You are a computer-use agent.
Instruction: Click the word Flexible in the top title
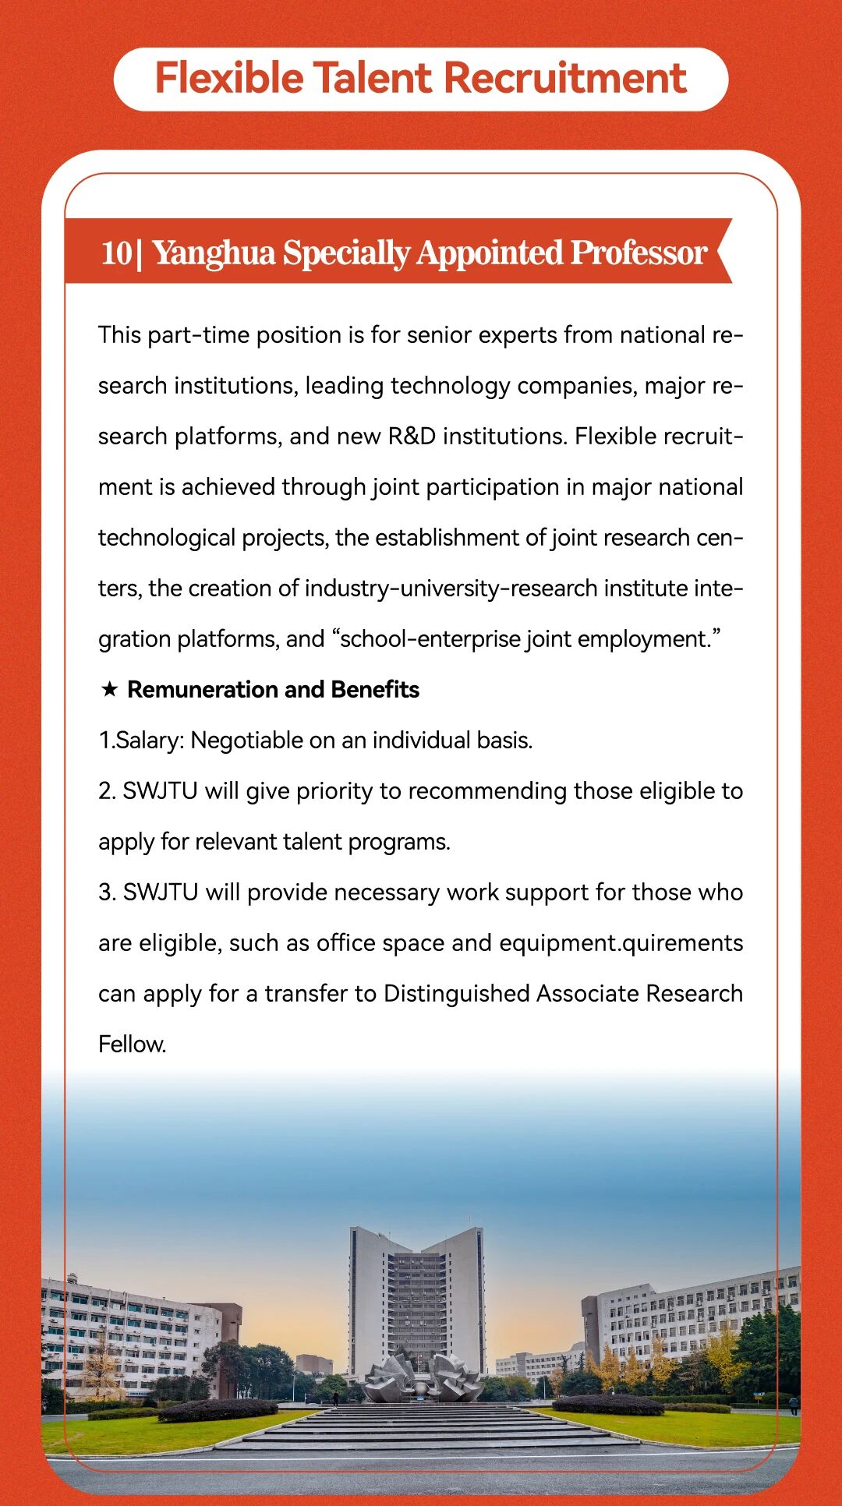229,79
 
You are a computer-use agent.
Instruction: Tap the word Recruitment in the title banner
565,79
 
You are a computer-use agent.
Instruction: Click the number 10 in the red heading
117,253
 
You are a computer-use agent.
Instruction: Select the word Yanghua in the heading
214,253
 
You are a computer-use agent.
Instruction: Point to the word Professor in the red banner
639,253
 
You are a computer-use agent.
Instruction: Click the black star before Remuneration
110,689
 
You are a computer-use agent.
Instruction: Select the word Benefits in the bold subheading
375,689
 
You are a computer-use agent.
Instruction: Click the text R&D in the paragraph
412,436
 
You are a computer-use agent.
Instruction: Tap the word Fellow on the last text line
132,1044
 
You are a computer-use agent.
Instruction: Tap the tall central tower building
416,1294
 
